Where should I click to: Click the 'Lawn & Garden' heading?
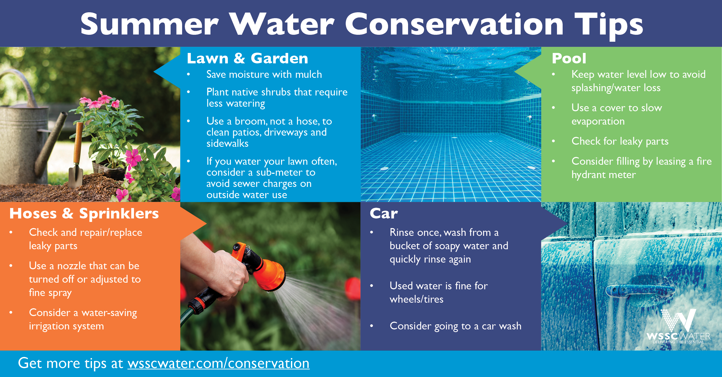tap(248, 58)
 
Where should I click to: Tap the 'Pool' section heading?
tap(569, 58)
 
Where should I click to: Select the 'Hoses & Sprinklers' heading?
tap(84, 214)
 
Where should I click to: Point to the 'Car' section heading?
tap(384, 214)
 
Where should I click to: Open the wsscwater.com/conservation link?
tap(219, 363)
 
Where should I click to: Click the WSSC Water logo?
tap(679, 326)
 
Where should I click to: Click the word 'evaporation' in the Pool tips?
tap(598, 121)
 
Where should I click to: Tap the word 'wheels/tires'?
tap(417, 299)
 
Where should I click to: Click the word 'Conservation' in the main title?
tap(454, 24)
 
